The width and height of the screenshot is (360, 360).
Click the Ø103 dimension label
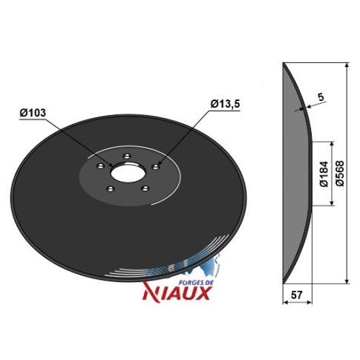pyautogui.click(x=33, y=113)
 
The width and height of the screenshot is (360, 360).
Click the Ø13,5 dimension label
pyautogui.click(x=225, y=104)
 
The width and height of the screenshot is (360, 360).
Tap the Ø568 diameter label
pyautogui.click(x=341, y=174)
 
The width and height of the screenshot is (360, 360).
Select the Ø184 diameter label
pyautogui.click(x=324, y=174)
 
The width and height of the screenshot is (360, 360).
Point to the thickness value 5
pyautogui.click(x=321, y=97)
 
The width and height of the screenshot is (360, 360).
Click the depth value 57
pyautogui.click(x=297, y=295)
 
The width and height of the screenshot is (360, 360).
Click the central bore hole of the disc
pyautogui.click(x=126, y=173)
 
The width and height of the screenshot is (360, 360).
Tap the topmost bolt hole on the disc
pyautogui.click(x=128, y=156)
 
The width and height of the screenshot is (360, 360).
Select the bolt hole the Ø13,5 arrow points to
pyautogui.click(x=156, y=166)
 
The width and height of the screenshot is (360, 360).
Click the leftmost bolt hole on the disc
pyautogui.click(x=100, y=166)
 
